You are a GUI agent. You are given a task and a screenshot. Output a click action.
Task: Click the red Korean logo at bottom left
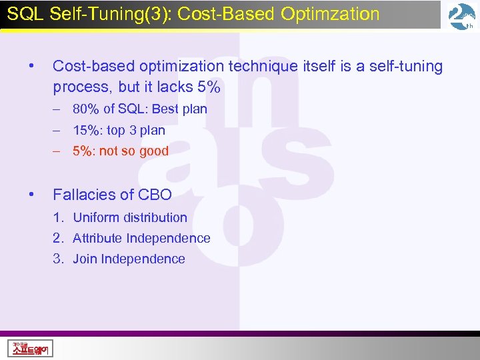[x=31, y=347]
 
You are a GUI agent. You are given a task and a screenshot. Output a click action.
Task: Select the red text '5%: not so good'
[x=121, y=151]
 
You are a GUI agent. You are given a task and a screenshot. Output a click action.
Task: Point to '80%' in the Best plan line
[x=86, y=109]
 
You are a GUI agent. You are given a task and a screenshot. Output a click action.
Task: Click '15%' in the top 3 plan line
[x=86, y=131]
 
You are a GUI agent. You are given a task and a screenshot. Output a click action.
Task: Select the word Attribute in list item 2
[x=97, y=239]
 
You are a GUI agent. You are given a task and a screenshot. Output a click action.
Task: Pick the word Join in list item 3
[x=85, y=259]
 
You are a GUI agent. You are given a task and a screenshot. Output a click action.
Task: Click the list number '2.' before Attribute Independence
[x=59, y=239]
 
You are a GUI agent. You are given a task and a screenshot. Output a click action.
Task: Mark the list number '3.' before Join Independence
[x=59, y=259]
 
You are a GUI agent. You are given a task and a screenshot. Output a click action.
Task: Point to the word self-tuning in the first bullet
[x=403, y=67]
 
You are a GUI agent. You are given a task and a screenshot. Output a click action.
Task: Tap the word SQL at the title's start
[x=22, y=14]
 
